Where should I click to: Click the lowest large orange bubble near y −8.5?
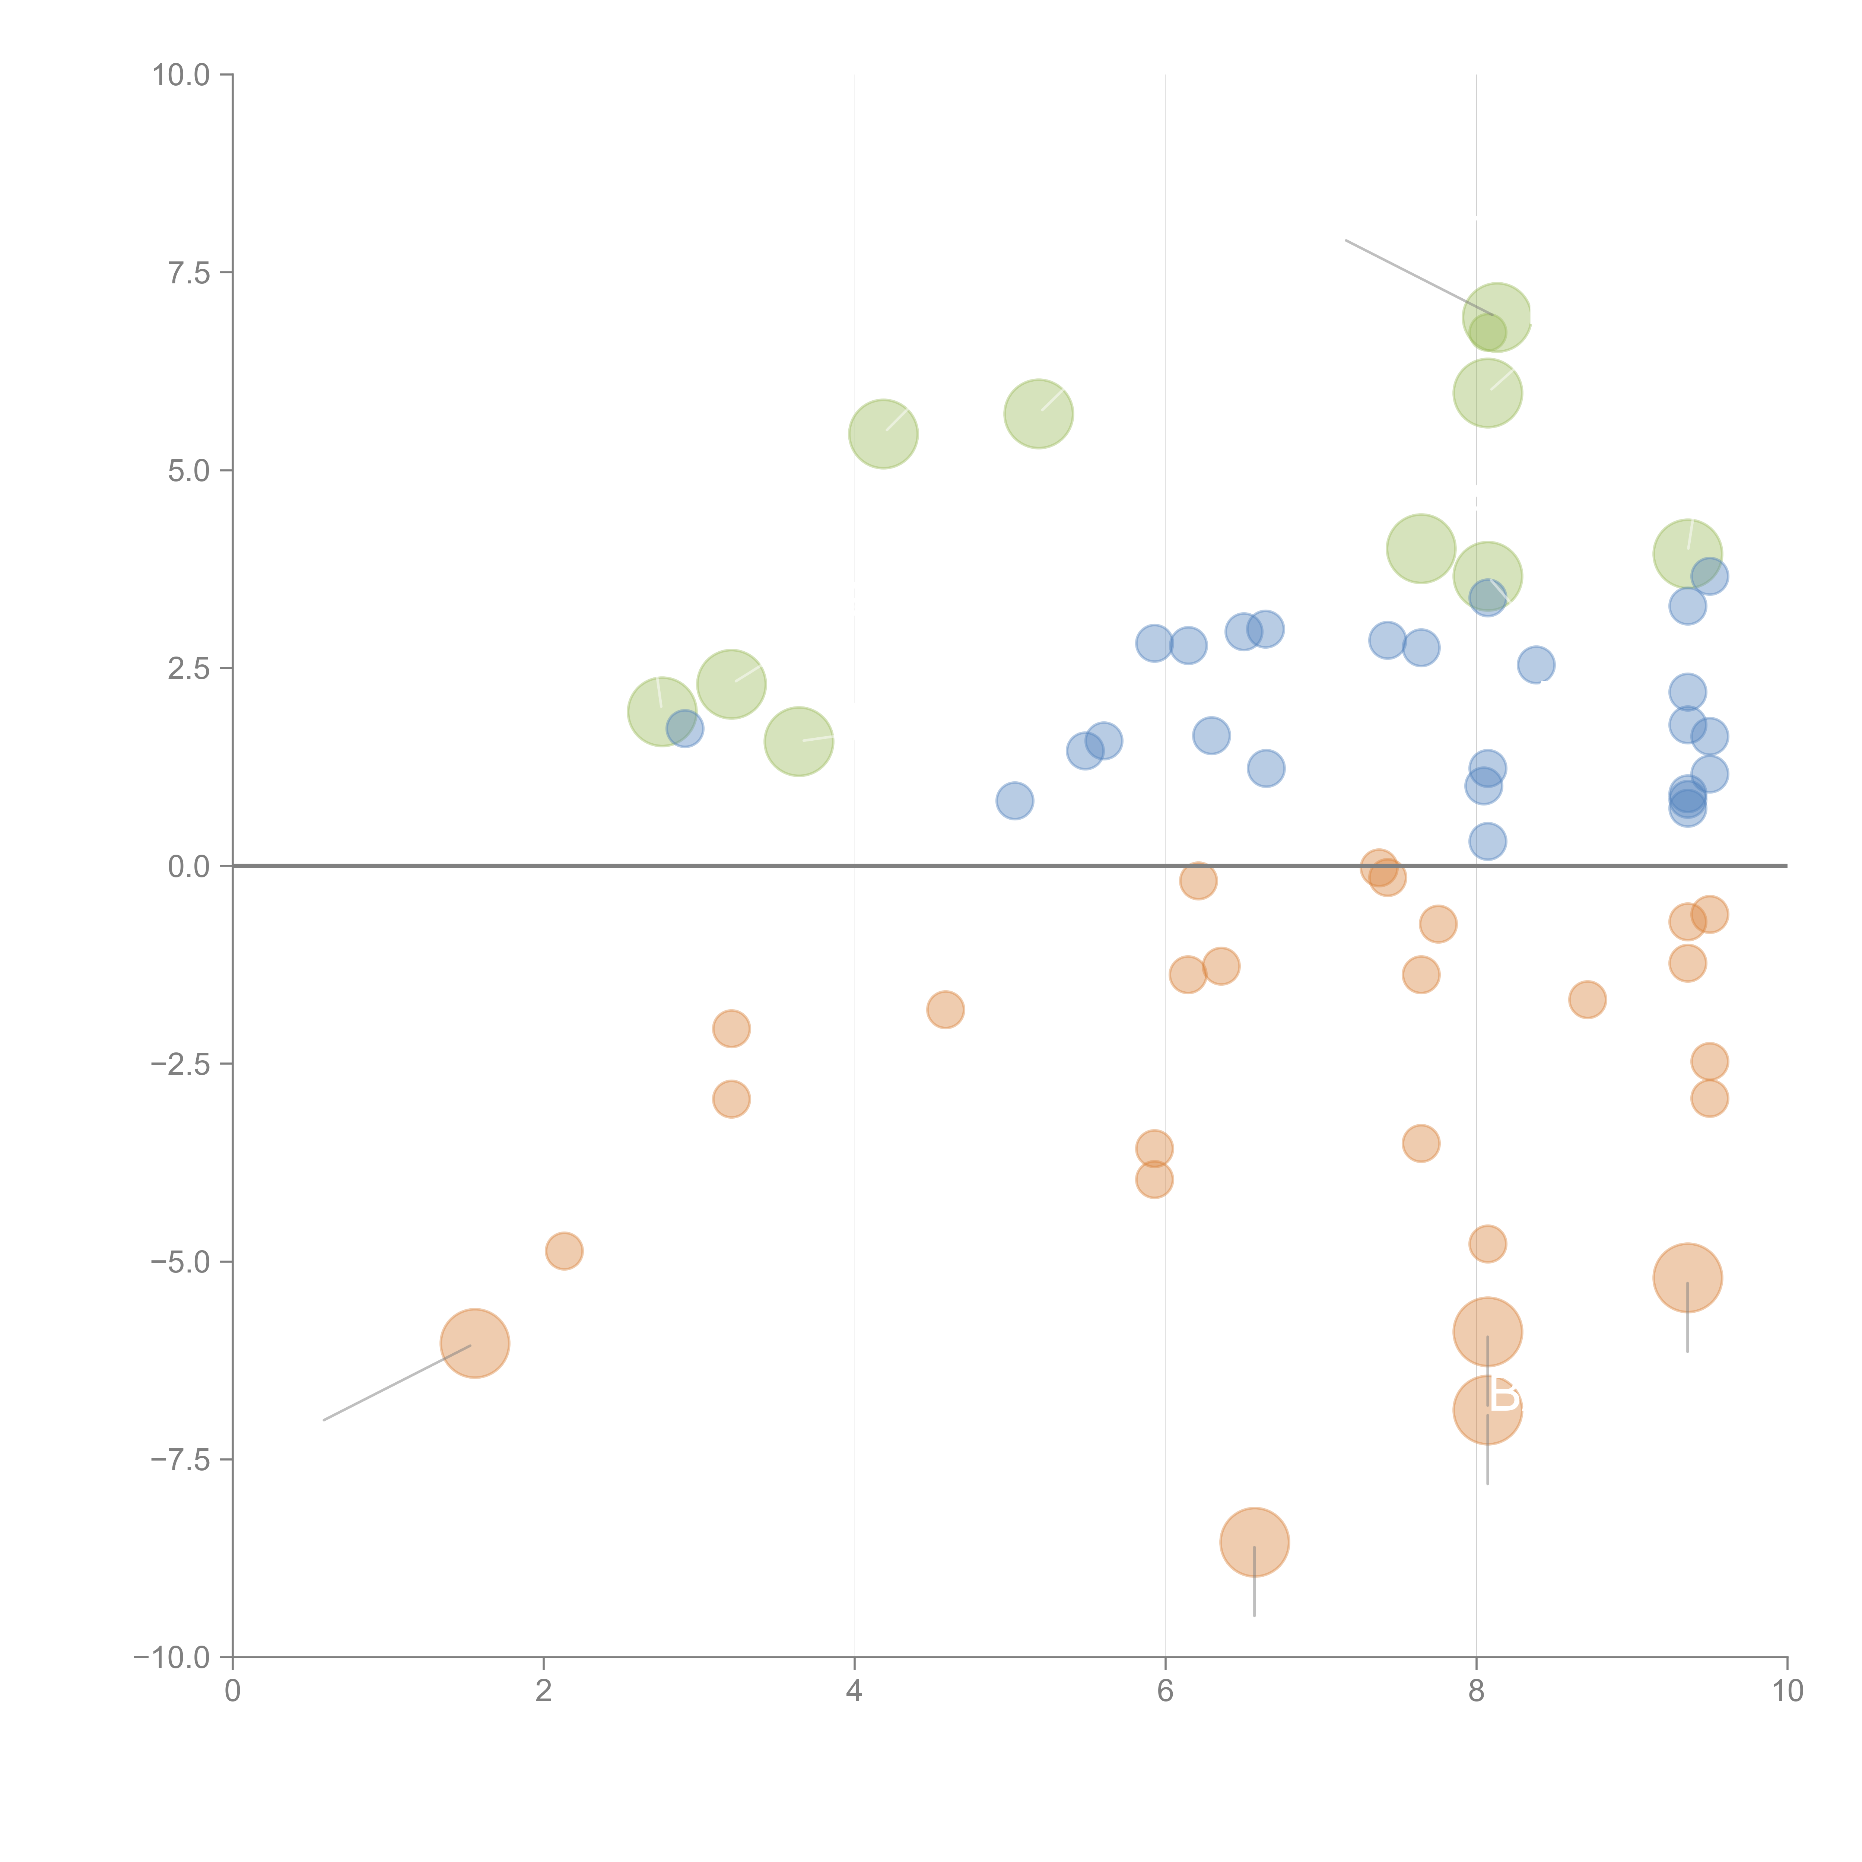point(1254,1542)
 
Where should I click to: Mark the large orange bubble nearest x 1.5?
point(474,1344)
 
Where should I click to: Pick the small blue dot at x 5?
point(1014,800)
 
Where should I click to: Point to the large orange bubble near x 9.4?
point(1687,1278)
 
